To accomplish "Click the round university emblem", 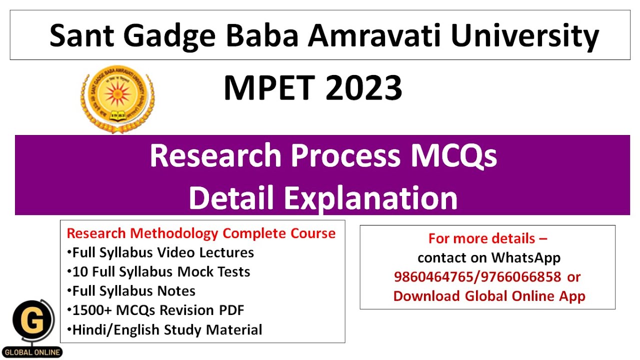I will pos(117,98).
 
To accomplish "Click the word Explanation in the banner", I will pos(371,197).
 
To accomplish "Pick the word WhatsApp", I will pos(525,258).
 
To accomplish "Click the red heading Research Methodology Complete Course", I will pos(201,233).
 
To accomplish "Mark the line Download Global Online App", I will pos(489,296).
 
